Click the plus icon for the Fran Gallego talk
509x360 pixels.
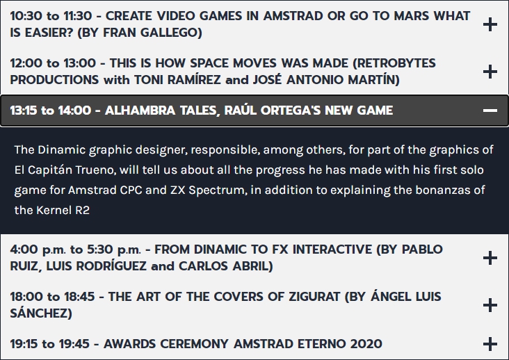[490, 24]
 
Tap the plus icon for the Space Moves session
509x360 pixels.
[490, 72]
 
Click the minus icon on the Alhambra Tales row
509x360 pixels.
[490, 111]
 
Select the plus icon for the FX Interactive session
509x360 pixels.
[490, 258]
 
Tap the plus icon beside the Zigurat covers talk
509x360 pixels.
[490, 305]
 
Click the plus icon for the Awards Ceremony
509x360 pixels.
[490, 344]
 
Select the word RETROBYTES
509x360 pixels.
[394, 63]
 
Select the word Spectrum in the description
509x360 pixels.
[216, 190]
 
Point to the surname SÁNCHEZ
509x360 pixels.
[41, 312]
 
